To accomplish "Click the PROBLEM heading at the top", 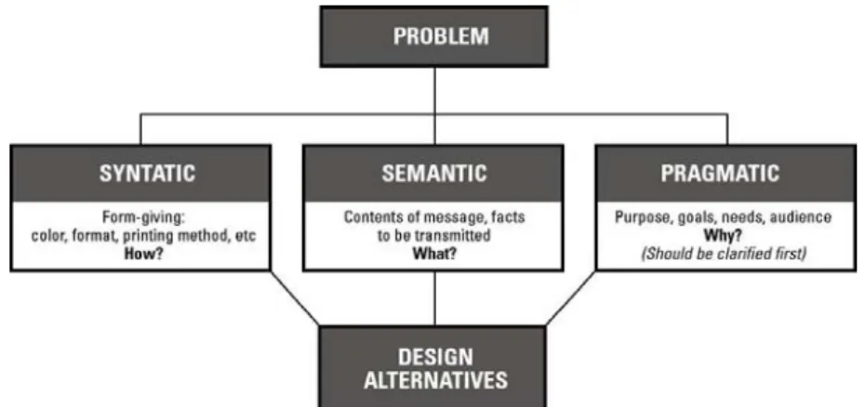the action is pyautogui.click(x=441, y=36).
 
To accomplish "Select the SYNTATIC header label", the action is pyautogui.click(x=147, y=173).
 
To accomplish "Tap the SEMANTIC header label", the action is pyautogui.click(x=434, y=173).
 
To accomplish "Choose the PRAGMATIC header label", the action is pyautogui.click(x=721, y=173).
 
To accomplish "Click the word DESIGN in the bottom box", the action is pyautogui.click(x=435, y=357).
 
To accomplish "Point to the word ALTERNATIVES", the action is pyautogui.click(x=436, y=381).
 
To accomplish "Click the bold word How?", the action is pyautogui.click(x=144, y=255).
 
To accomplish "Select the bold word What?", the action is pyautogui.click(x=434, y=255).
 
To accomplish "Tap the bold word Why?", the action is pyautogui.click(x=723, y=236).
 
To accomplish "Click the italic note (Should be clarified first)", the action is pyautogui.click(x=724, y=255).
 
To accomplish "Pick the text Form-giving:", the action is pyautogui.click(x=142, y=217).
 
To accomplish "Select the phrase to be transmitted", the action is pyautogui.click(x=434, y=236).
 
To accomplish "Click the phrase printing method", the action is pyautogui.click(x=171, y=237).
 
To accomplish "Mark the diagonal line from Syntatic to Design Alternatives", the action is pyautogui.click(x=294, y=297).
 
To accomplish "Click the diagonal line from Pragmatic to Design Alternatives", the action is pyautogui.click(x=571, y=297).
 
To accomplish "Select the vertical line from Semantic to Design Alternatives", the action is pyautogui.click(x=434, y=298).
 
